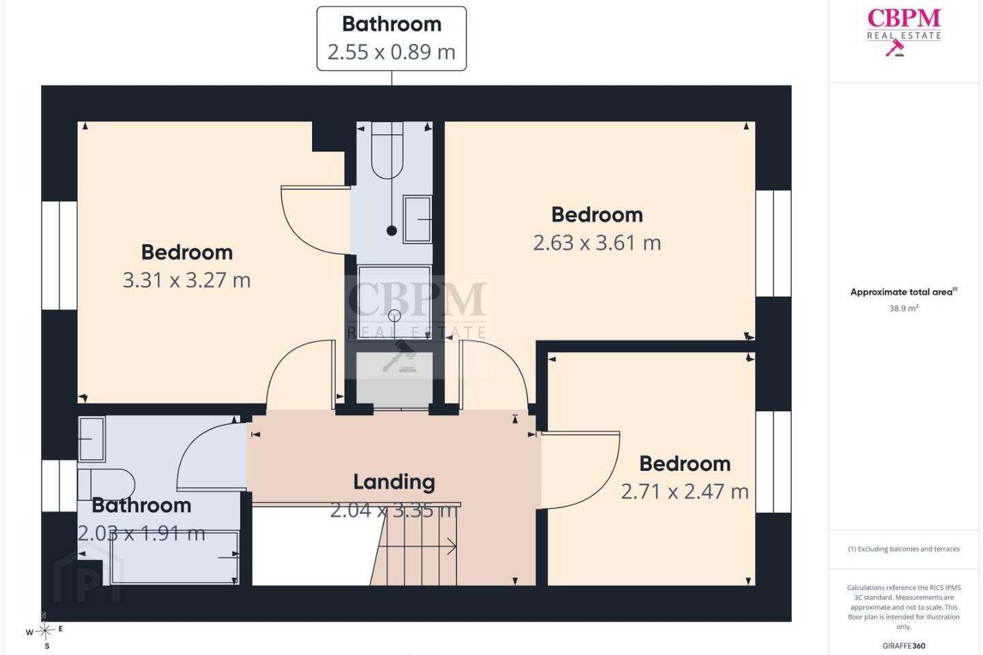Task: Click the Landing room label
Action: [394, 482]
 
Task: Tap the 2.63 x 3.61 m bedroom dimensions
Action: [597, 243]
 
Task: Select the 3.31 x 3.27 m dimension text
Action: [186, 280]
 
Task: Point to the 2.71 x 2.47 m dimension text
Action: [685, 491]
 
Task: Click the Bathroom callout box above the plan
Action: [391, 39]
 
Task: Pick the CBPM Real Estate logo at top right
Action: [904, 32]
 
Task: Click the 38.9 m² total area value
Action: [904, 308]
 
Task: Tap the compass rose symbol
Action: [45, 631]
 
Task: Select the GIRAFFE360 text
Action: [904, 645]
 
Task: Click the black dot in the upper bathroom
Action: [392, 231]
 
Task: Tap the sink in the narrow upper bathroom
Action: [417, 219]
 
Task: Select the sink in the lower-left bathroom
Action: [91, 439]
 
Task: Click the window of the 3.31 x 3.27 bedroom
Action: [59, 255]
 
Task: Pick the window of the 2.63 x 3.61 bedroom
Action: [773, 243]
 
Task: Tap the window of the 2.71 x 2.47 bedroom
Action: [773, 461]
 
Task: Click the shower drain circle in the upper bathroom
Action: [395, 315]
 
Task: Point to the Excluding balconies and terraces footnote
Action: [904, 549]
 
